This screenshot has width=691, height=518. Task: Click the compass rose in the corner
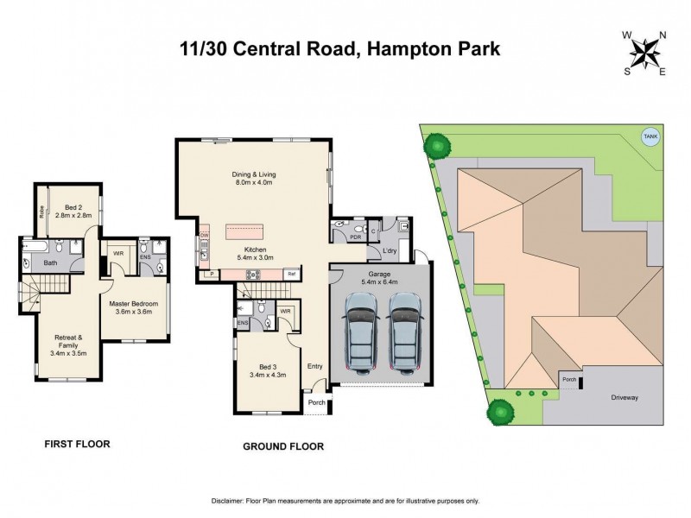point(643,52)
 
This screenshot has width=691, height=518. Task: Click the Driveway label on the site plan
point(624,398)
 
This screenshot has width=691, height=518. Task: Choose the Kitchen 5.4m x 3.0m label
point(254,252)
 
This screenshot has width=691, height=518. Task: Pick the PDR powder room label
point(355,236)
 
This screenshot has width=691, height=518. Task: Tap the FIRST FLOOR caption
point(77,445)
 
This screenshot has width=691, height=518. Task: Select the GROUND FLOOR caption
point(284,446)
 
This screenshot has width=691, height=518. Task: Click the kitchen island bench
point(253,231)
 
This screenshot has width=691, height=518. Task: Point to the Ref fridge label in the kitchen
point(292,274)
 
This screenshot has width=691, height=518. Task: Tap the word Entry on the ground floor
point(314,366)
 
